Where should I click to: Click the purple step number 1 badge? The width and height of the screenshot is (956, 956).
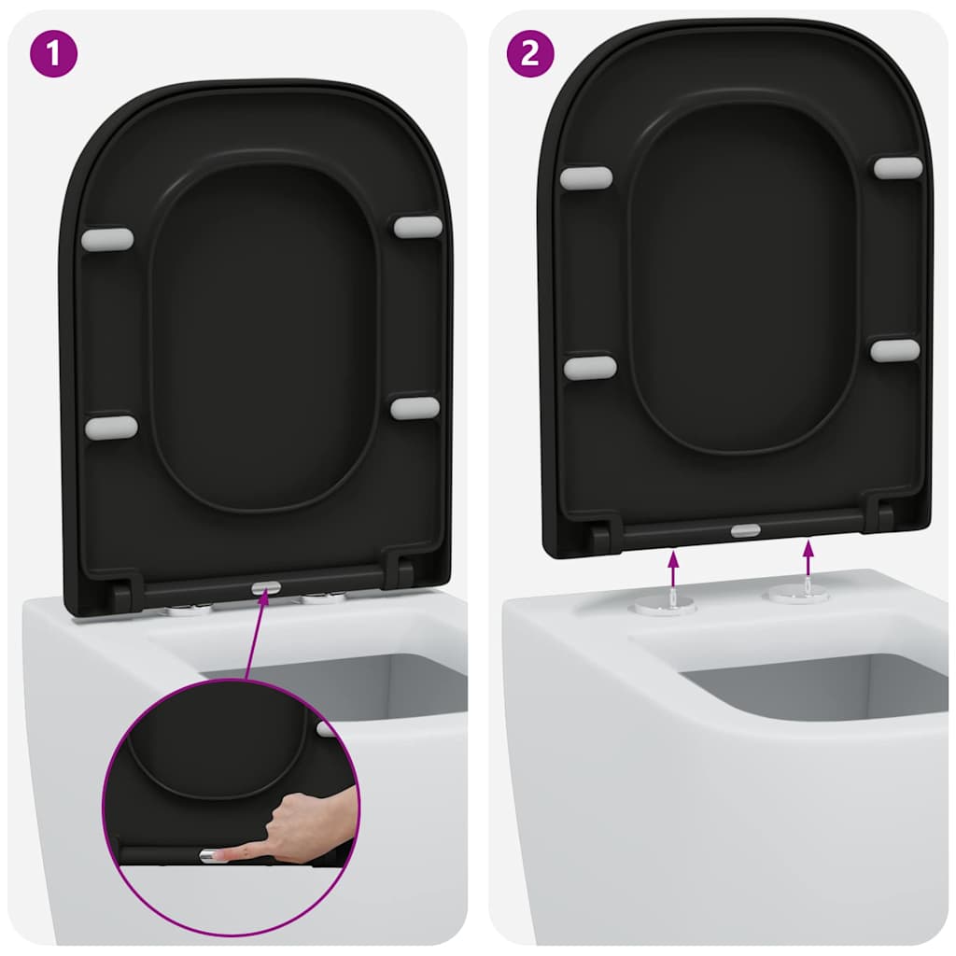tap(54, 53)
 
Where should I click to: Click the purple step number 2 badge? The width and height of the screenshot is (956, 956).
tap(529, 53)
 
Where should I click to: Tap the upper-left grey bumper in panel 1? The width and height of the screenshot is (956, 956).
tap(107, 239)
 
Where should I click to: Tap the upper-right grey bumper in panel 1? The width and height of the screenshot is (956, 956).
tap(417, 227)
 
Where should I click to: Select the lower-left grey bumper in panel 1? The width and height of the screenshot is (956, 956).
tap(111, 428)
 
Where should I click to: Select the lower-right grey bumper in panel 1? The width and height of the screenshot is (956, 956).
tap(415, 407)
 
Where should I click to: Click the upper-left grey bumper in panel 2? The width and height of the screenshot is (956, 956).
tap(586, 178)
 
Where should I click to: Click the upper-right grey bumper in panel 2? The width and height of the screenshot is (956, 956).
tap(898, 168)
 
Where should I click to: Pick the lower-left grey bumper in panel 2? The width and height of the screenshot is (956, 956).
tap(590, 368)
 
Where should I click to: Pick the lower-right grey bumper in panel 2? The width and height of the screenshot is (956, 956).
tap(895, 350)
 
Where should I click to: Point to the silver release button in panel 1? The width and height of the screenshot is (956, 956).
tap(265, 588)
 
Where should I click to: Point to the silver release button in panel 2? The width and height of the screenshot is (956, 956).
tap(745, 530)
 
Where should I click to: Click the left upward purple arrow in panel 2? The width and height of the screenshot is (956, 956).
tap(671, 569)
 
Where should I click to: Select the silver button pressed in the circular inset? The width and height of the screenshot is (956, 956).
tap(212, 854)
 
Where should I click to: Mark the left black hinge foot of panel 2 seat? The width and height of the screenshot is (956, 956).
tap(600, 537)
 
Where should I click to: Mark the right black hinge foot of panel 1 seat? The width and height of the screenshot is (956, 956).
tap(403, 571)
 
